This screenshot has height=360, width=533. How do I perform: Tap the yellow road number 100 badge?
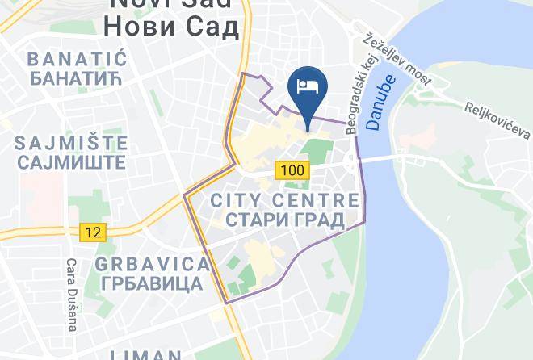click(x=290, y=170)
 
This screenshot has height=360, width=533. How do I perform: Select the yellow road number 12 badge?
click(x=93, y=232)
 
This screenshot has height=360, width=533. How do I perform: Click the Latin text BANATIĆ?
click(x=78, y=59)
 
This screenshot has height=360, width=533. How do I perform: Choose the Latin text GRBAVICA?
click(x=152, y=264)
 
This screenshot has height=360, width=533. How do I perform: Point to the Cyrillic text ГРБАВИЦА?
click(x=152, y=283)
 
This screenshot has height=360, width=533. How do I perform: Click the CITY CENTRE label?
click(x=283, y=199)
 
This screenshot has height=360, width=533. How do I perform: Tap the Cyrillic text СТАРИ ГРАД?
click(x=283, y=219)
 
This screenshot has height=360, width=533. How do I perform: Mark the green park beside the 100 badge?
click(x=317, y=151)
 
